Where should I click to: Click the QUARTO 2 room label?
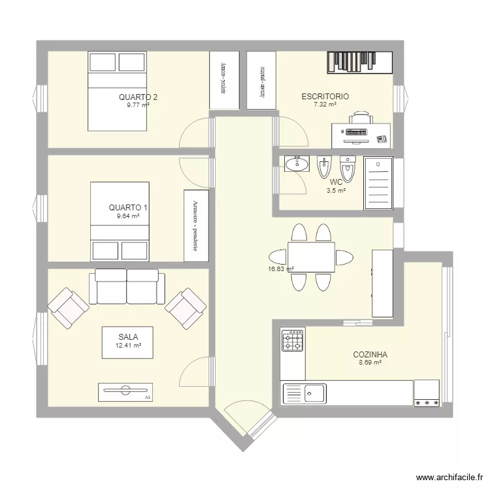coord(138,97)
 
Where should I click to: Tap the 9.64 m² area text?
coord(128,216)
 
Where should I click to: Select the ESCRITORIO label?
coord(325,97)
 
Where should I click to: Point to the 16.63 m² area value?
coord(280,269)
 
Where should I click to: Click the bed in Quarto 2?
coord(118,91)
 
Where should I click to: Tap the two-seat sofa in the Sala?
coord(127,286)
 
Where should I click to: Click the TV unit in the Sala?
coord(125,391)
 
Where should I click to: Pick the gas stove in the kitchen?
coord(293,340)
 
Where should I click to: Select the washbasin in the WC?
coord(297,164)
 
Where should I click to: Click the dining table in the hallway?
coord(311,257)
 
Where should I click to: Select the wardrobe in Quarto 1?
coord(196,225)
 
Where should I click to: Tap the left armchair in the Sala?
coord(68,307)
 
